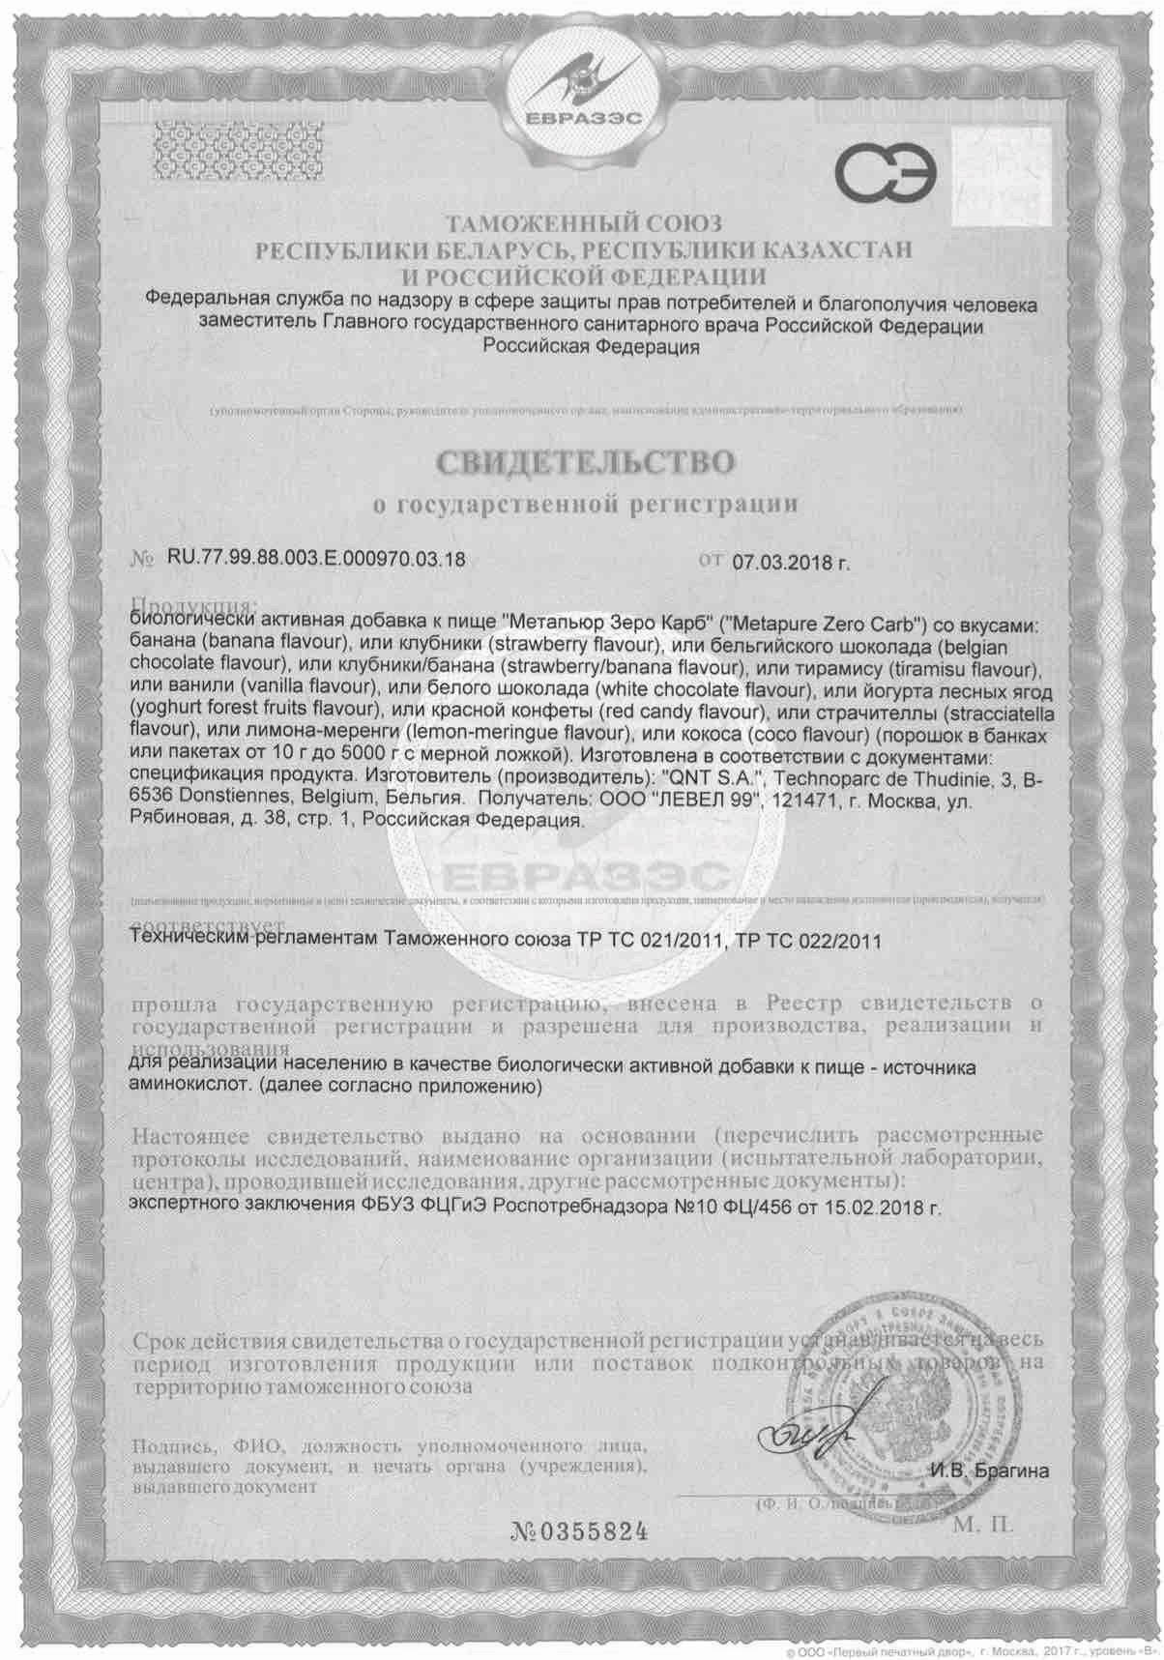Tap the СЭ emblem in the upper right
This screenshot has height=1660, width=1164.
pyautogui.click(x=886, y=173)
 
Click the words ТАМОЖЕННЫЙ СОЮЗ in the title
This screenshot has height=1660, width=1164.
pyautogui.click(x=582, y=226)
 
